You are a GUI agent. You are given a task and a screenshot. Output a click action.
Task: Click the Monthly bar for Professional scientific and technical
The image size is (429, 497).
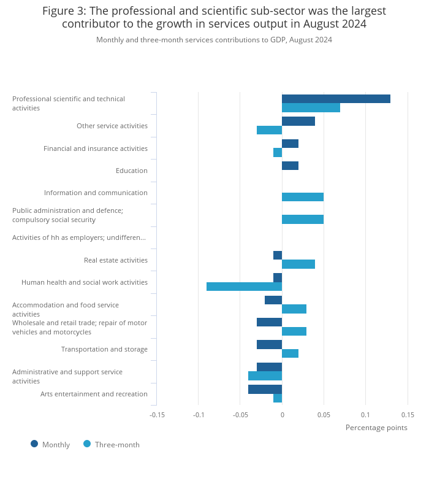336,99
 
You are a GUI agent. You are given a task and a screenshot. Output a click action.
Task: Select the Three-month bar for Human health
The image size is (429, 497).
244,287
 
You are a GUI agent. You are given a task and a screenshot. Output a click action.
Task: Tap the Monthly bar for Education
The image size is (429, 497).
290,166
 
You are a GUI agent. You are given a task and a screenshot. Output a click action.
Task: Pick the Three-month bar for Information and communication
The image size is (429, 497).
303,197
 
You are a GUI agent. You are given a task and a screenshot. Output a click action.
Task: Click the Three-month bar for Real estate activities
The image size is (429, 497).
298,264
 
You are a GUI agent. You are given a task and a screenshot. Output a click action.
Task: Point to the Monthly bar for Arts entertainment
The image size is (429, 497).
265,389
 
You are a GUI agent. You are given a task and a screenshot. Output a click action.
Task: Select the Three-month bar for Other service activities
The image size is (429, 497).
269,130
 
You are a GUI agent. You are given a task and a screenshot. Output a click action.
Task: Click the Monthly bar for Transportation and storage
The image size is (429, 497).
269,344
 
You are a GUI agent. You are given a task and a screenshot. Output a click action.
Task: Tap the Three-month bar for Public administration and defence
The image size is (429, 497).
303,219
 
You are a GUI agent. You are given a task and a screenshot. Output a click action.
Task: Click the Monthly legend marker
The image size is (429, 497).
34,444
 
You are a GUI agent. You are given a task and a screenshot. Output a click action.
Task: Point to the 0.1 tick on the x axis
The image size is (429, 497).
365,415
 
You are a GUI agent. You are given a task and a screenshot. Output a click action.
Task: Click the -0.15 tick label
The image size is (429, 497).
157,415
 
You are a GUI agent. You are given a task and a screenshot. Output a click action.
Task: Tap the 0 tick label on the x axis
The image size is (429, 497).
282,415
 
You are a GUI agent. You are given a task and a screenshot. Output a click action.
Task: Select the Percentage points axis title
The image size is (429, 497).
376,428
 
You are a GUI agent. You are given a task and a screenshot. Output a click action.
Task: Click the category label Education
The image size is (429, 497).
131,171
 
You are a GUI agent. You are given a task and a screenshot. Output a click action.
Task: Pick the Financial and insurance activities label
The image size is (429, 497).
95,148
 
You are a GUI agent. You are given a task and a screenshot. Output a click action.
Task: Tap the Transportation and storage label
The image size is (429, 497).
104,349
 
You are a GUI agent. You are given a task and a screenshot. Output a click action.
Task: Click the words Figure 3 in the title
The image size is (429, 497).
65,11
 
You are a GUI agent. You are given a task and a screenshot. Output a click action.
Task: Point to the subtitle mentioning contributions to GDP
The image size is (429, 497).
214,40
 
